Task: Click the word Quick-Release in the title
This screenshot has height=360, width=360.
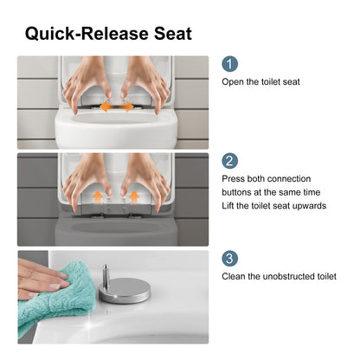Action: point(87,34)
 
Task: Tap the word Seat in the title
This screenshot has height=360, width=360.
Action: point(173,34)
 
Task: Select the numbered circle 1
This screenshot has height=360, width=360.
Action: point(229,64)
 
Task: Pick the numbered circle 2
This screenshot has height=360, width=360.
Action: point(229,161)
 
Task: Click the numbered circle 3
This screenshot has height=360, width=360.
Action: point(229,258)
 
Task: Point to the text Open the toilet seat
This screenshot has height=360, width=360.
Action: point(260,81)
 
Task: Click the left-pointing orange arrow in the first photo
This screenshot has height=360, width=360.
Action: point(107,106)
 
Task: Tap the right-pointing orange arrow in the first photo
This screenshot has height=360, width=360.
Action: point(125,106)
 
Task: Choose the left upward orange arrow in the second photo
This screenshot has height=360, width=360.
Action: point(98,197)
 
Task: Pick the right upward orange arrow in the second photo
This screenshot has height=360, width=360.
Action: point(134,197)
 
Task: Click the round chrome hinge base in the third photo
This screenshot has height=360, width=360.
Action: point(125,291)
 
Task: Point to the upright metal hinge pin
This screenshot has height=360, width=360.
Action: point(106,276)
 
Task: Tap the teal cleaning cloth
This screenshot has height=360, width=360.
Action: point(55,300)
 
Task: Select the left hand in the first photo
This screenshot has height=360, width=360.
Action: point(87,84)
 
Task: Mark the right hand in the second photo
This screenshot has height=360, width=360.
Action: point(147,182)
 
